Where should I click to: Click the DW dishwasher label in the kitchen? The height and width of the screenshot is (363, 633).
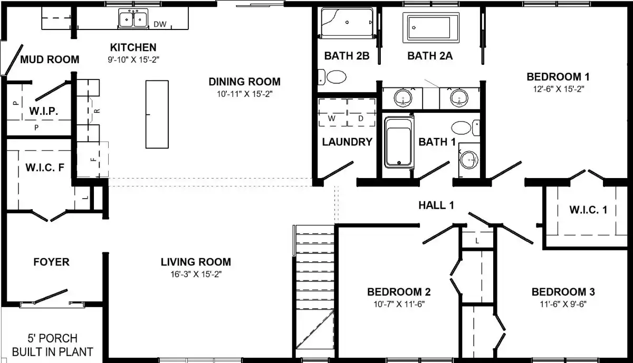(x=160, y=24)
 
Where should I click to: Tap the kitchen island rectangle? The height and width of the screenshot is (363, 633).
(x=157, y=114)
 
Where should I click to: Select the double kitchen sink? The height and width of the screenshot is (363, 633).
(x=133, y=18)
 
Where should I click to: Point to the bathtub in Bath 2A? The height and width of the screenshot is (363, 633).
(x=431, y=28)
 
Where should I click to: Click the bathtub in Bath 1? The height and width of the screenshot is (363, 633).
(x=399, y=143)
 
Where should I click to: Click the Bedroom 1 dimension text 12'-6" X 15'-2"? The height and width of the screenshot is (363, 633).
(x=559, y=89)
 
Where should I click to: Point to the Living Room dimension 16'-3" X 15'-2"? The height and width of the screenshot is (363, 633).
(x=196, y=274)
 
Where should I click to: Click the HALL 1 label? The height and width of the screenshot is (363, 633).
(x=436, y=205)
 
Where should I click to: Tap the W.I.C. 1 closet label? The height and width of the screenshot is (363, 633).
(x=588, y=210)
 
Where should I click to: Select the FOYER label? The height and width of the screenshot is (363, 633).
(x=52, y=262)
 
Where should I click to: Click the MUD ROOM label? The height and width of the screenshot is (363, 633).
(x=50, y=60)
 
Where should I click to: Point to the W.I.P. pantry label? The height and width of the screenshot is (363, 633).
(x=43, y=111)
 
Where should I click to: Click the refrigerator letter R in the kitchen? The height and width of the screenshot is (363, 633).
(x=97, y=111)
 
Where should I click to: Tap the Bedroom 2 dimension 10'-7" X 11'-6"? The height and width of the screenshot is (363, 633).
(x=399, y=304)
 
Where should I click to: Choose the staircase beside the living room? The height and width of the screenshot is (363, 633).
(x=314, y=291)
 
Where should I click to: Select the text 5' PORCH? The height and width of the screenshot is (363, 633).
(x=52, y=338)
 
